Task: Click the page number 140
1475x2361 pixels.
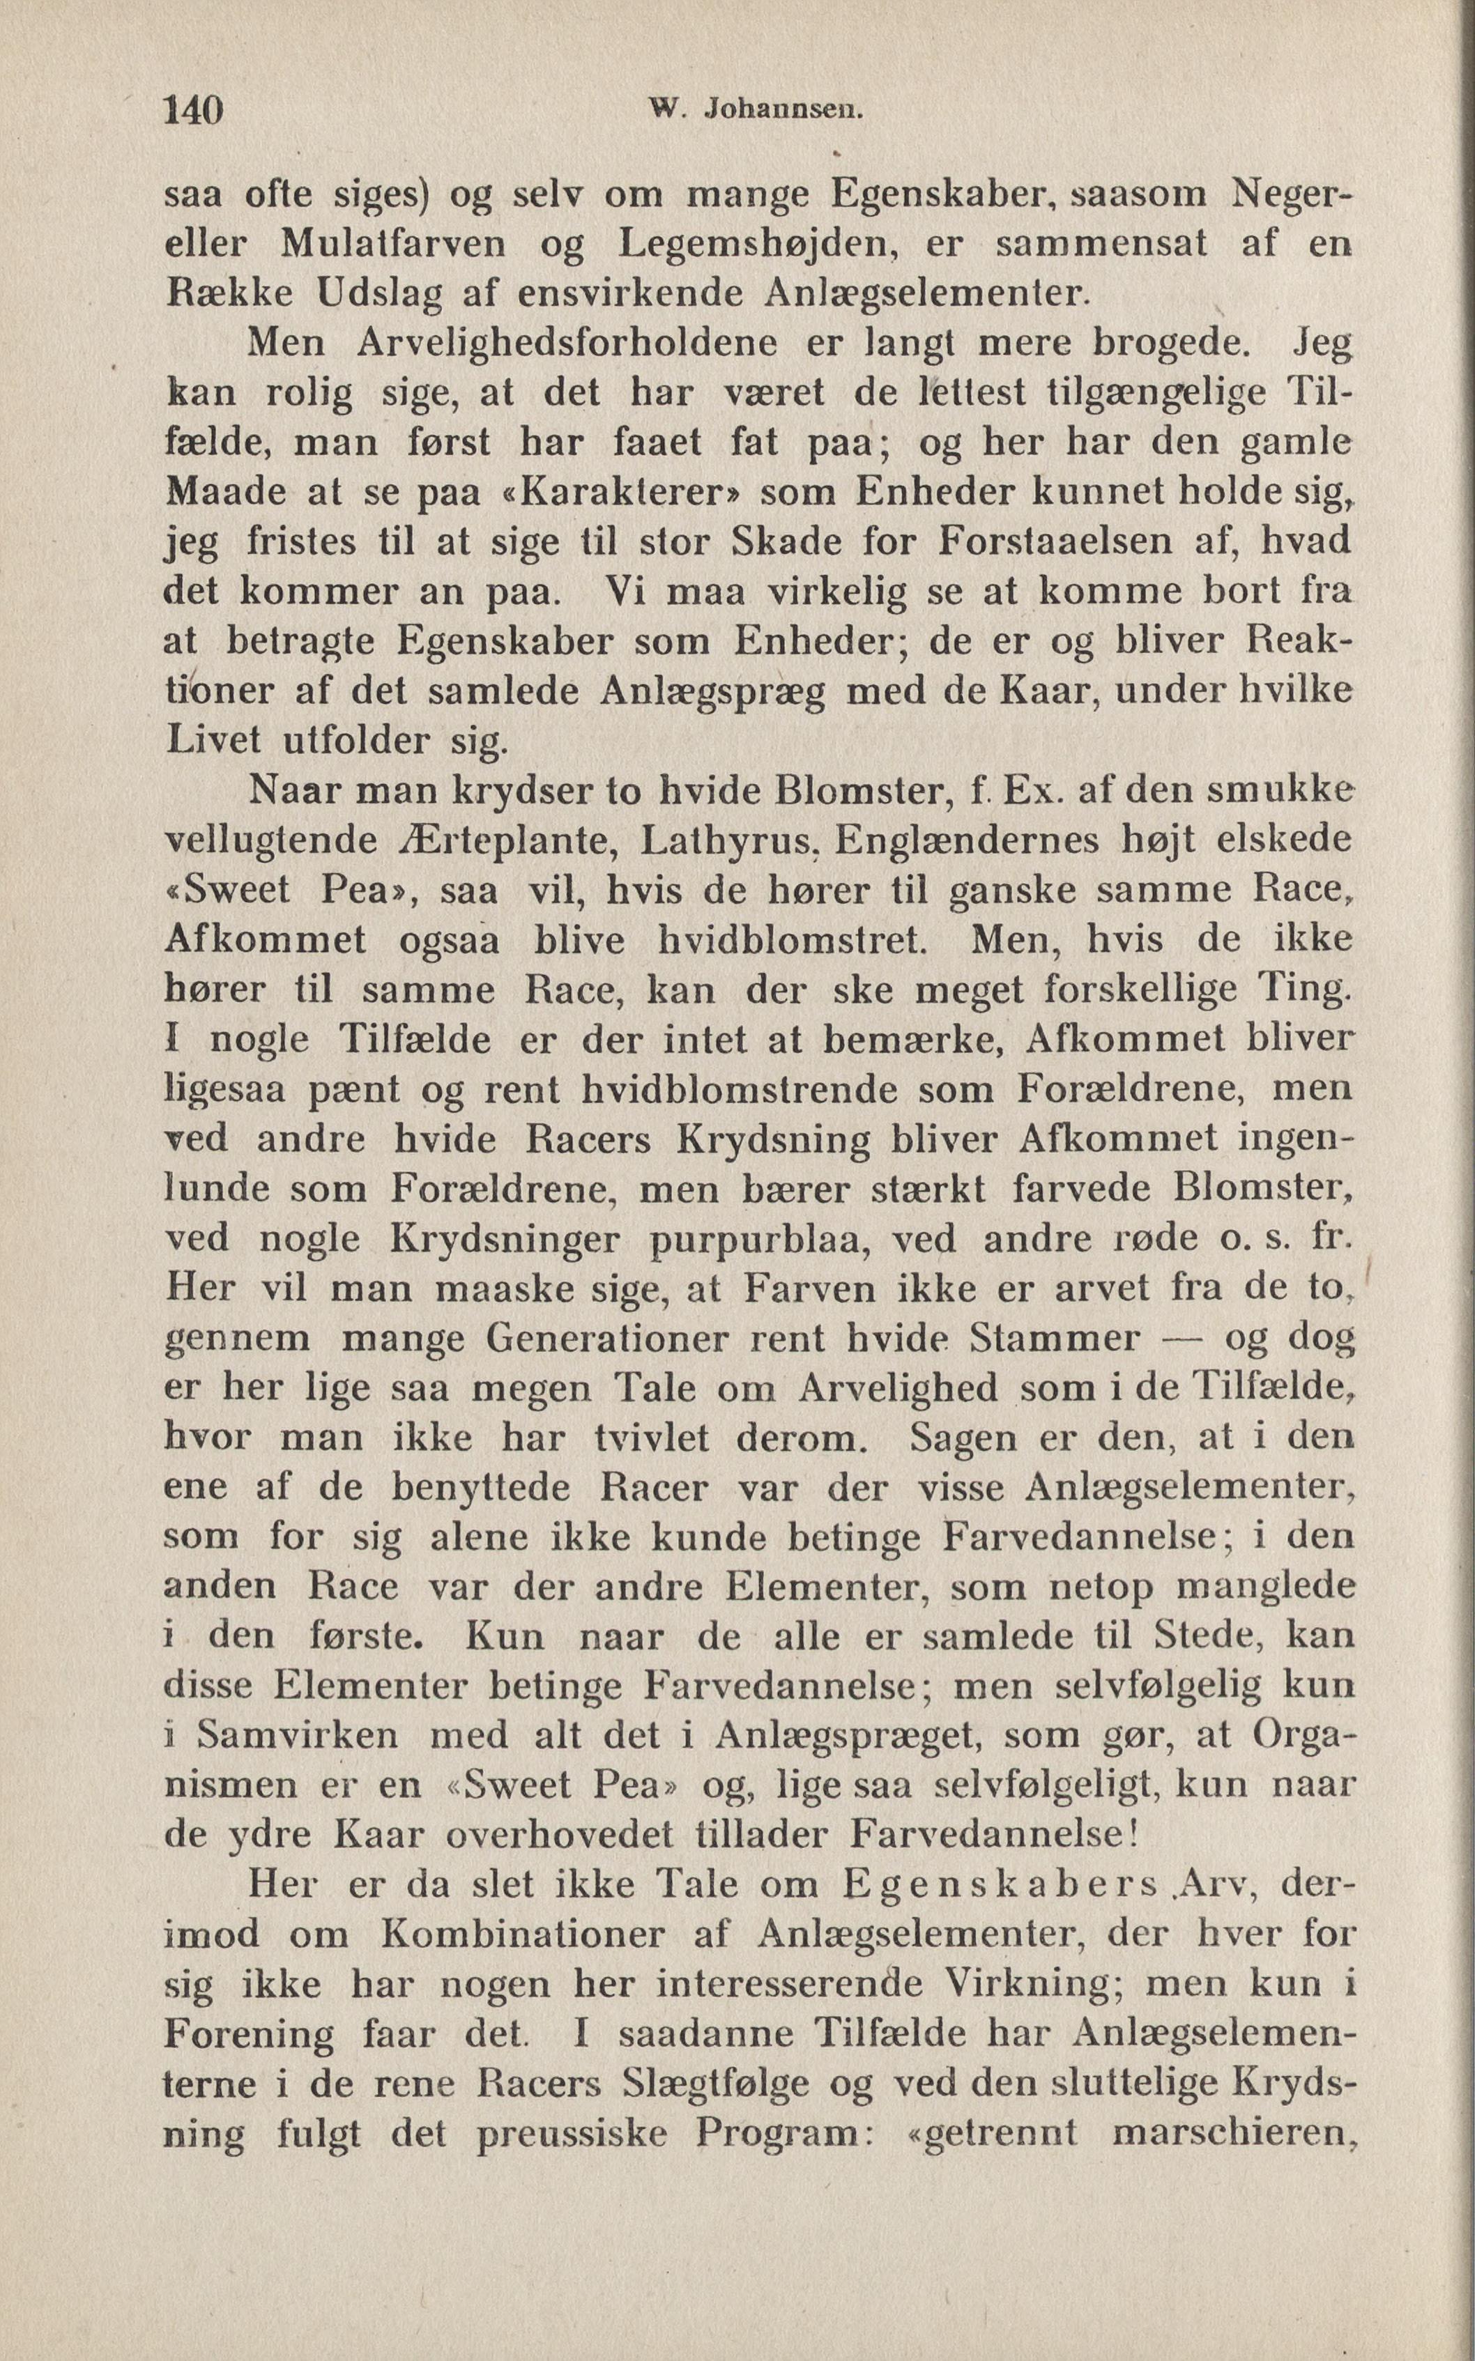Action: coord(195,110)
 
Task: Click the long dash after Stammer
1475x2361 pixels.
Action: coord(1184,1338)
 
